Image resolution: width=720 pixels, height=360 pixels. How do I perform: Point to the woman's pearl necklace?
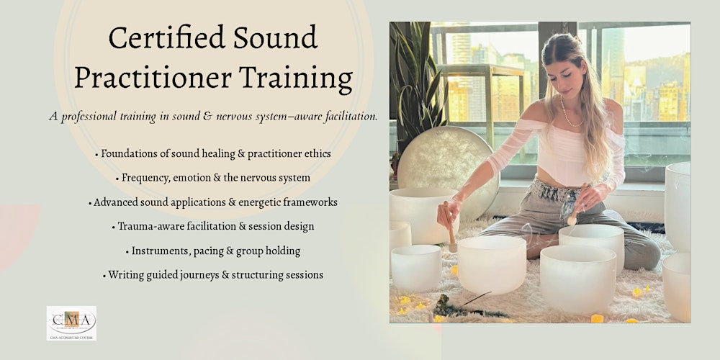tap(570, 114)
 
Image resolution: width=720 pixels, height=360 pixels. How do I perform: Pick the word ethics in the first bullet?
tap(318, 153)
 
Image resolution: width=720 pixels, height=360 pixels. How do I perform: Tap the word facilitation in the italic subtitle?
tap(348, 117)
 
